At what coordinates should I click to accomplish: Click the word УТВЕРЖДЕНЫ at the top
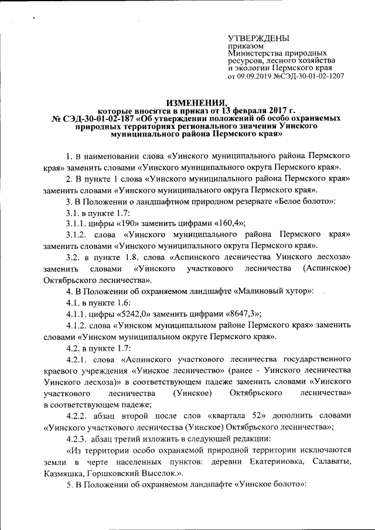(258, 38)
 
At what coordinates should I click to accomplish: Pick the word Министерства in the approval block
(254, 53)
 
